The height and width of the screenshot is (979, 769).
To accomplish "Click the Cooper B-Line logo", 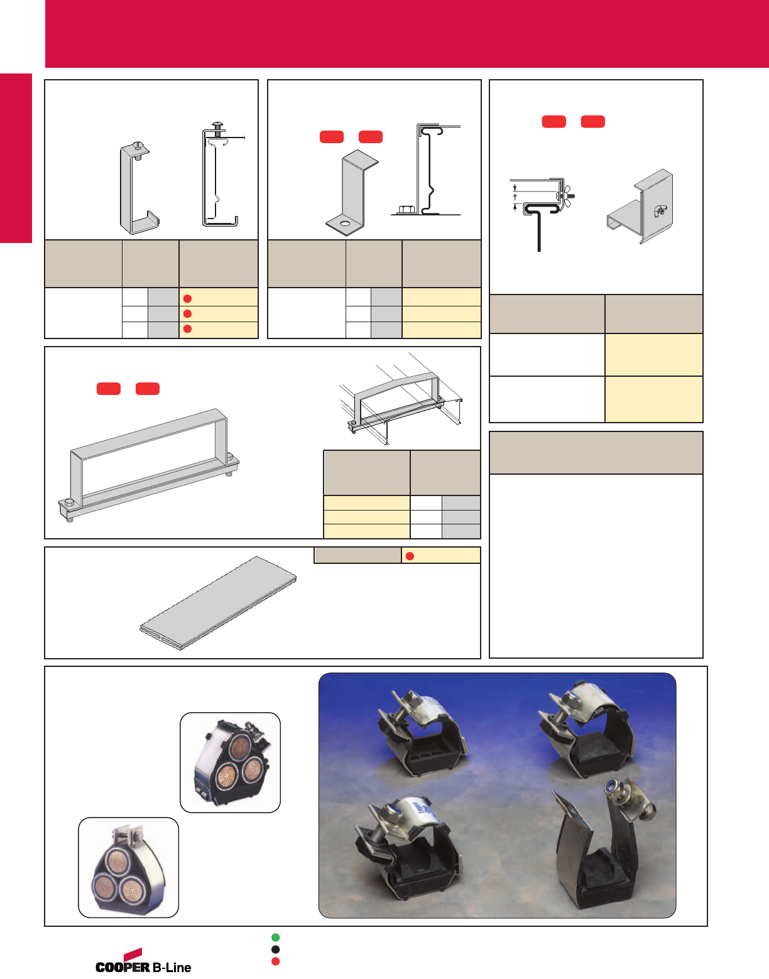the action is [143, 961].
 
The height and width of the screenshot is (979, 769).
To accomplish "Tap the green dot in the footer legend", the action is [275, 937].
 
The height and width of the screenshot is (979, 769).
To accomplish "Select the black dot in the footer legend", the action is [275, 949].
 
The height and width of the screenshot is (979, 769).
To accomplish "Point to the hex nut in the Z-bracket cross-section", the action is [405, 209].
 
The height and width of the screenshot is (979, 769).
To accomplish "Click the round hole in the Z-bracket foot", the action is [345, 224].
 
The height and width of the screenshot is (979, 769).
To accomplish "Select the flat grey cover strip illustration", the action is [218, 603].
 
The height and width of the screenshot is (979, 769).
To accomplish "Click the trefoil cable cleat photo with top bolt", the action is [128, 867].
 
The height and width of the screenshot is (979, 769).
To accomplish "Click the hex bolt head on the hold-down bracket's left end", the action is [68, 503].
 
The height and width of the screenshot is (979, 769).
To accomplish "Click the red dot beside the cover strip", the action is [410, 556].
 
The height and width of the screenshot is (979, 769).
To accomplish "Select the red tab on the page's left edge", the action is [16, 158].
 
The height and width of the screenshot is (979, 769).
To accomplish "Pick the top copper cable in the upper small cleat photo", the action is [239, 747].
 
